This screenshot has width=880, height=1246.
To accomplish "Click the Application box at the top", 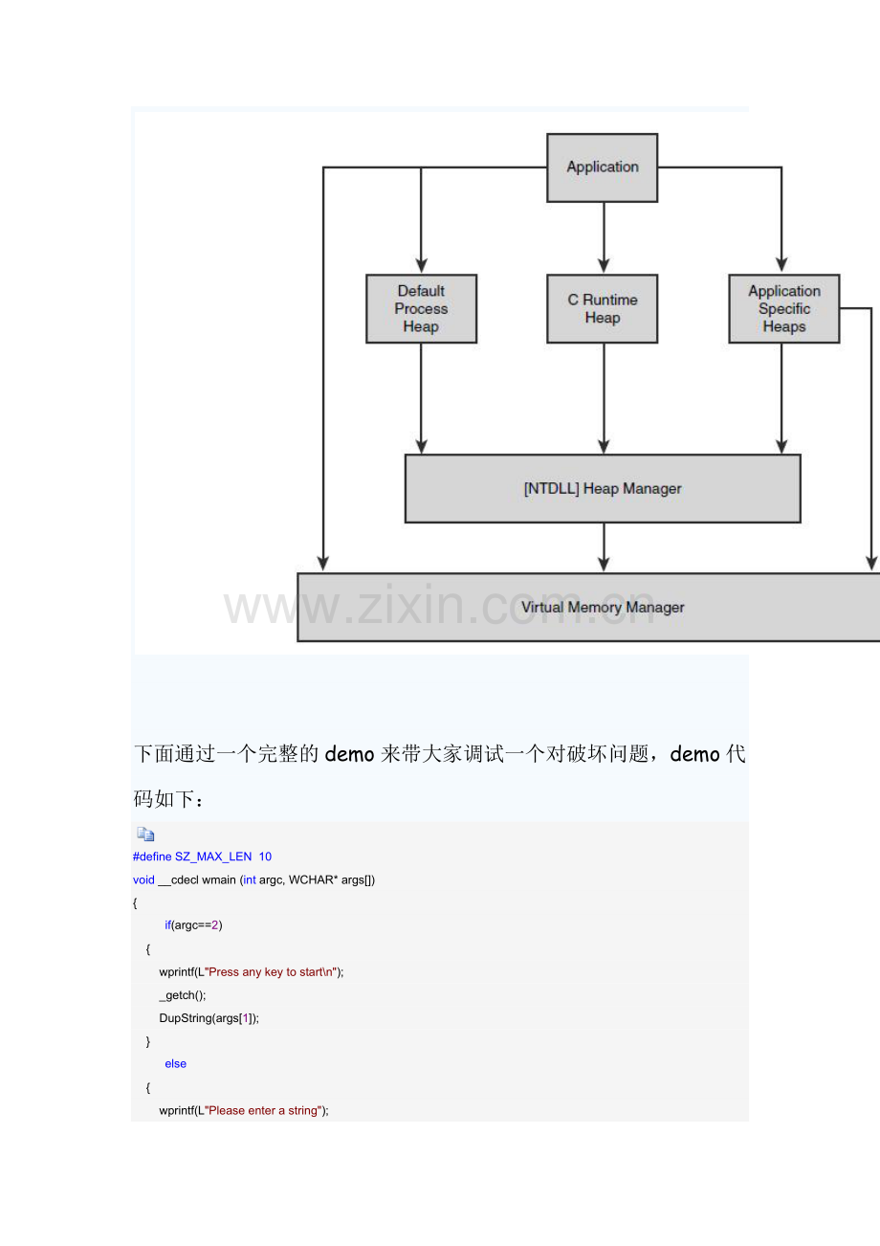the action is coord(602,167).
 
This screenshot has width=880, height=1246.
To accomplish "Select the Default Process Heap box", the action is coord(422,309).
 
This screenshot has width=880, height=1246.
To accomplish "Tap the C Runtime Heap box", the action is coord(602,309).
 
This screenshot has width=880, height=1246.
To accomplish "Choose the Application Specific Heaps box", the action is coord(783,309).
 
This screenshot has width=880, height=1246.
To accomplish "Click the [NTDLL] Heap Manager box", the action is coord(603,488).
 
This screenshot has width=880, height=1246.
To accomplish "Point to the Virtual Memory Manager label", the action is coord(603,607).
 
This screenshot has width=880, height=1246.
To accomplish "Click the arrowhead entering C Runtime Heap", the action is coord(604,265).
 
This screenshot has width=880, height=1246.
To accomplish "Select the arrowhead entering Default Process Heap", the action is coord(422,265).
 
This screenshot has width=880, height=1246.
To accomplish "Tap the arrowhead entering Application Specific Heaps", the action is coord(781,265).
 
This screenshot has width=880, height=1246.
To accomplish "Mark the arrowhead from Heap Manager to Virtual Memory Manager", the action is coord(604,564).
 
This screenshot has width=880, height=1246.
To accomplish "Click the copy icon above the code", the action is coord(145,834).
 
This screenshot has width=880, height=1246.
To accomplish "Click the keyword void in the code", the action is coord(143,879).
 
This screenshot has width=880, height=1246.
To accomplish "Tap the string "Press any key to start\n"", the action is coord(271,971).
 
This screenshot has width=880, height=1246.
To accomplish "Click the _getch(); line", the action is coord(183,995).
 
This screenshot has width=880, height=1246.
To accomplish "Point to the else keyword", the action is coord(176,1063).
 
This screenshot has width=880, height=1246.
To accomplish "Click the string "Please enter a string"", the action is coord(263,1110).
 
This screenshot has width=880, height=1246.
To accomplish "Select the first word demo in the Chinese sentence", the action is coord(349,754).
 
